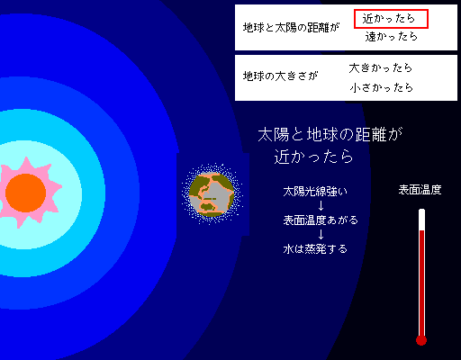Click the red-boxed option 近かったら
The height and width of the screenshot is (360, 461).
pos(391,19)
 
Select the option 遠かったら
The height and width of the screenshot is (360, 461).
pos(391,37)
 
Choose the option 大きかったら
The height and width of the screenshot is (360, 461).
pos(381,68)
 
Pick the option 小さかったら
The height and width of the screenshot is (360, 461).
pos(381,87)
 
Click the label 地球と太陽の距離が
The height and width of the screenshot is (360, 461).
pos(291,28)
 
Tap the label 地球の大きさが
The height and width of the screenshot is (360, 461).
pos(280,76)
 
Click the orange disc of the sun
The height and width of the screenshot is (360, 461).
pos(25,193)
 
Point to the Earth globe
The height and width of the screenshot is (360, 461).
pos(212,194)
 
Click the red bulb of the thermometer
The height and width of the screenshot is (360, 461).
pos(421,340)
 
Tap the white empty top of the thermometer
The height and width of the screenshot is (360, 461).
pos(421,220)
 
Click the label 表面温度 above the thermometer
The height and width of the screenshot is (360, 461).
pos(420,190)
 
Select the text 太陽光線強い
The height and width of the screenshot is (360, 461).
pos(315,192)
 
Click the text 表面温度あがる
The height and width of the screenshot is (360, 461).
pos(321,220)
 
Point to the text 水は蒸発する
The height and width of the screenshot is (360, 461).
pos(315,248)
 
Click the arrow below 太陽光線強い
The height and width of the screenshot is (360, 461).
pos(321,206)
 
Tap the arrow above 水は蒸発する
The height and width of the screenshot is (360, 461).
pos(321,234)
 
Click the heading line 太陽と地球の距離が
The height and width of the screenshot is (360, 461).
pos(330,134)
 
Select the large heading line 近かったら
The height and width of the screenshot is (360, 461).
pos(313,157)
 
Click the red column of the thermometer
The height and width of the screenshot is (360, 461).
pos(421,283)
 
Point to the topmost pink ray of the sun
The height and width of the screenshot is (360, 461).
pos(27,165)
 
